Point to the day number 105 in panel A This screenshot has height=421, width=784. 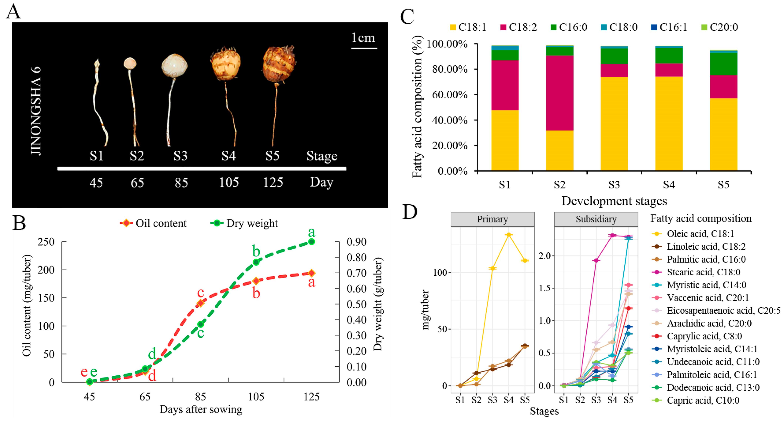tap(229, 182)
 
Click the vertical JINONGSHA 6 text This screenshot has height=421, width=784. tap(36, 111)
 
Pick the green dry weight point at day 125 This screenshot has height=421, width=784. tap(311, 242)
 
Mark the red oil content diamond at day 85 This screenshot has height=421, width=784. tap(200, 303)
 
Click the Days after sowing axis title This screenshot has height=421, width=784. tap(201, 410)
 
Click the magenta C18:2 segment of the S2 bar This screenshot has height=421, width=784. tap(559, 93)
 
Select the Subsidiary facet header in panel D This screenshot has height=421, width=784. tap(596, 219)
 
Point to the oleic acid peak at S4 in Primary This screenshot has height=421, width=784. tap(508, 235)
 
